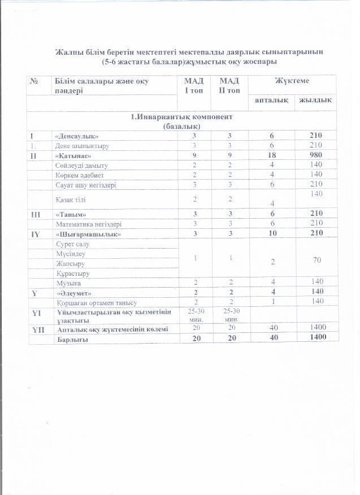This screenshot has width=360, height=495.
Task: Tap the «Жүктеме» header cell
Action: [292, 81]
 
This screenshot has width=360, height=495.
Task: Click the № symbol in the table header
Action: [34, 81]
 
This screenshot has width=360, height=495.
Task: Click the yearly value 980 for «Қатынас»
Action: [316, 155]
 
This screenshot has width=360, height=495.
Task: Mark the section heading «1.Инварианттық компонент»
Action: [179, 116]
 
